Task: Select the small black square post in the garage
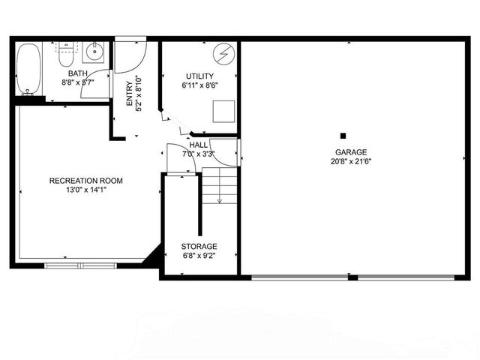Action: tap(343, 136)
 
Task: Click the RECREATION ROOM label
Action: tap(85, 181)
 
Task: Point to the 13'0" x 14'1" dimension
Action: tap(86, 190)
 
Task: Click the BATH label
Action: tap(77, 73)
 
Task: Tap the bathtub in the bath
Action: tap(28, 70)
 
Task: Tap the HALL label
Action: tap(199, 145)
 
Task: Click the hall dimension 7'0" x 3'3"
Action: tap(199, 154)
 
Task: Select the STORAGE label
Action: tap(199, 246)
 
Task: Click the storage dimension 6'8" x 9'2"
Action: tap(199, 256)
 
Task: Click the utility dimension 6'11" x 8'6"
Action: tap(198, 85)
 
